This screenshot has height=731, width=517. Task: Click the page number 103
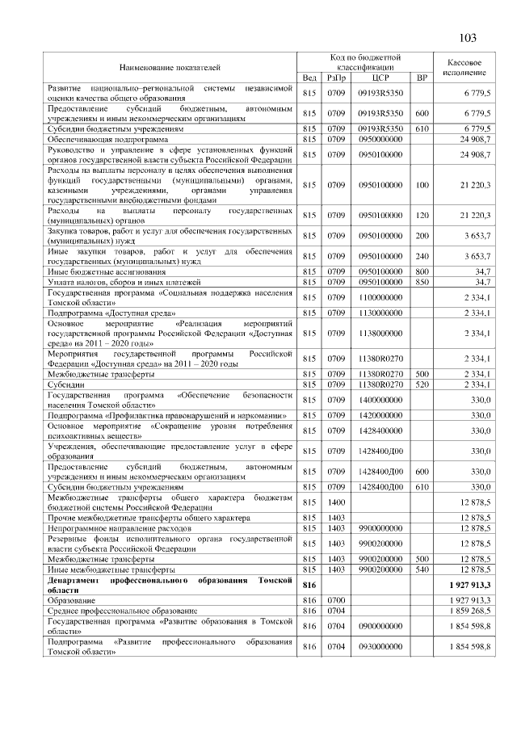pyautogui.click(x=469, y=38)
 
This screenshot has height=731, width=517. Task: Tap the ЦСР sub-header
pyautogui.click(x=380, y=78)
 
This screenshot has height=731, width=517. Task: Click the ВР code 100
pyautogui.click(x=421, y=185)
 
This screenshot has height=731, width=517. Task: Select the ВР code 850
pyautogui.click(x=421, y=282)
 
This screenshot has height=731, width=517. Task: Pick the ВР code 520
pyautogui.click(x=421, y=385)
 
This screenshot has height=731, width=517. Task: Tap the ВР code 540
pyautogui.click(x=421, y=569)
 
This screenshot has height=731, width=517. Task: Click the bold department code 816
pyautogui.click(x=309, y=584)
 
